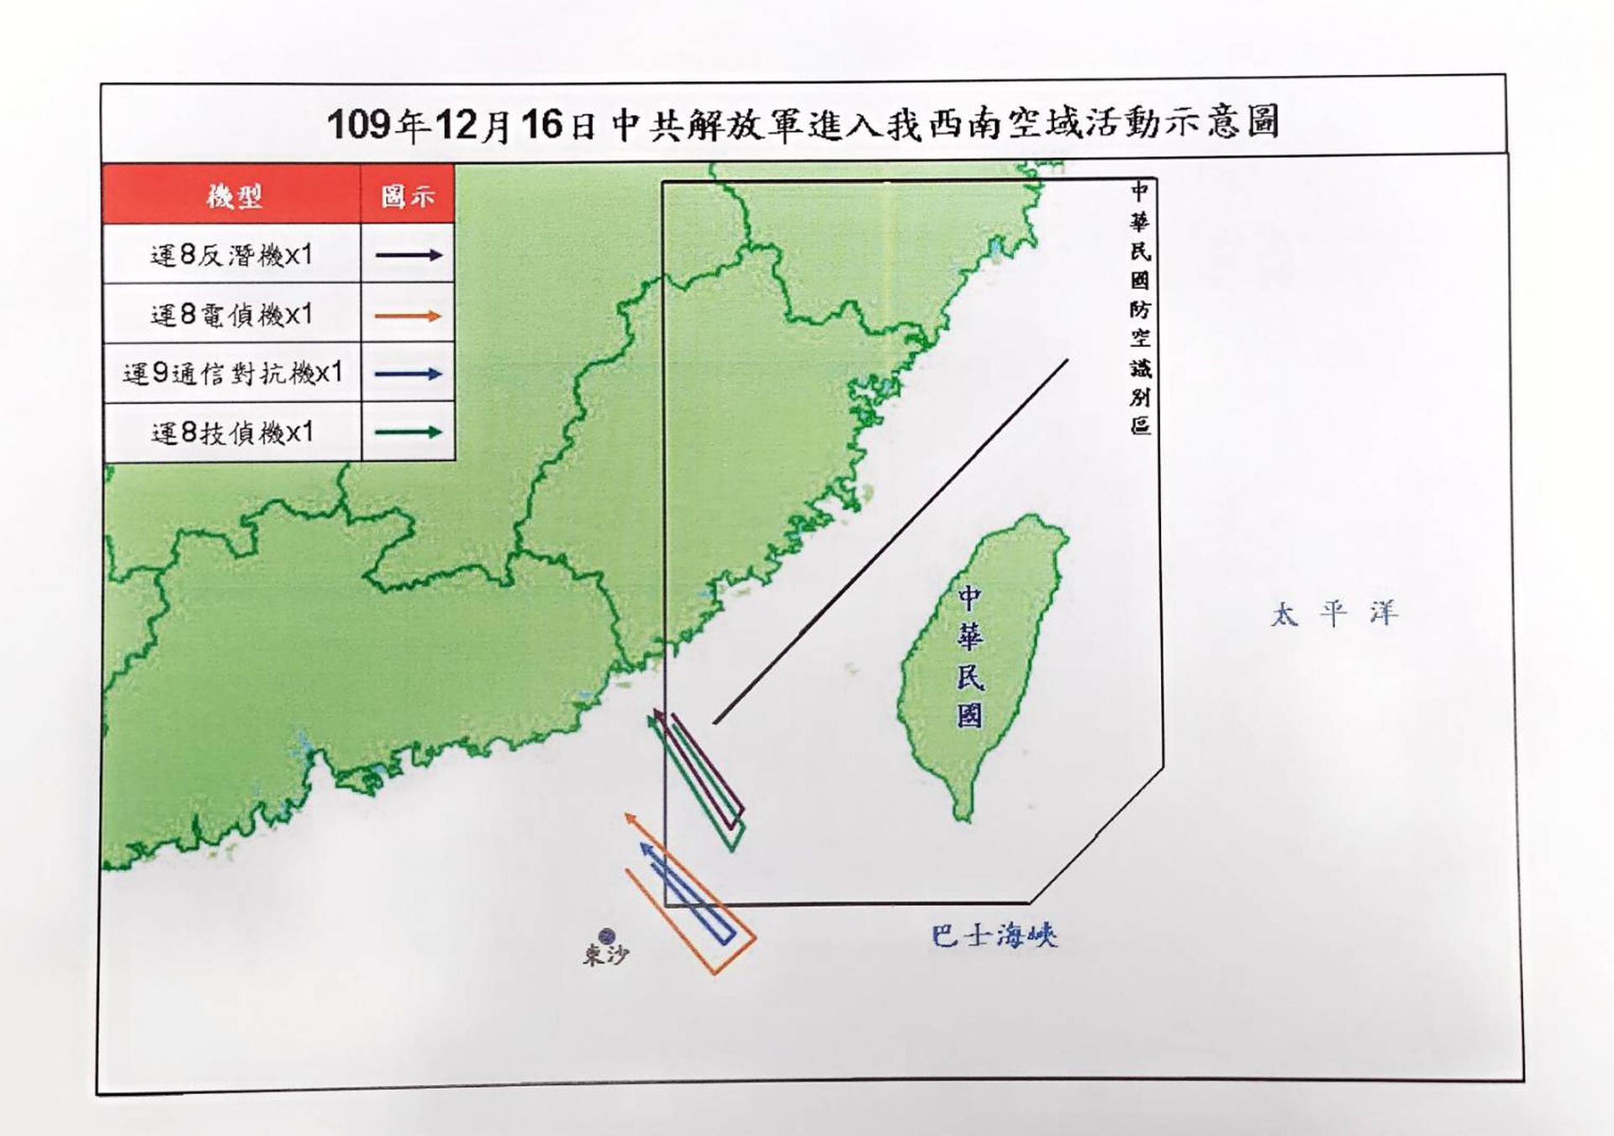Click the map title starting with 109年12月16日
coord(803,124)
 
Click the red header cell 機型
coord(233,196)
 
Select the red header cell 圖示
coord(408,196)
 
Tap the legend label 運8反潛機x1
coord(231,255)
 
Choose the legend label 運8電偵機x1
coord(231,315)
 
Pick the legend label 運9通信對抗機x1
coord(233,373)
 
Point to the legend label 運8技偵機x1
coord(232,433)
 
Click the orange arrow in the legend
coord(408,316)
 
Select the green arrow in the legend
coord(408,433)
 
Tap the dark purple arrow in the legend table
coord(408,255)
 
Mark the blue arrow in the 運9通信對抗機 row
coord(408,374)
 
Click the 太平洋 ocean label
coord(1333,613)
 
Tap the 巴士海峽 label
coord(994,935)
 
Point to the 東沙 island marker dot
coord(606,935)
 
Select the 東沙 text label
coord(605,955)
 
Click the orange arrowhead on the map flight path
coord(630,818)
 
